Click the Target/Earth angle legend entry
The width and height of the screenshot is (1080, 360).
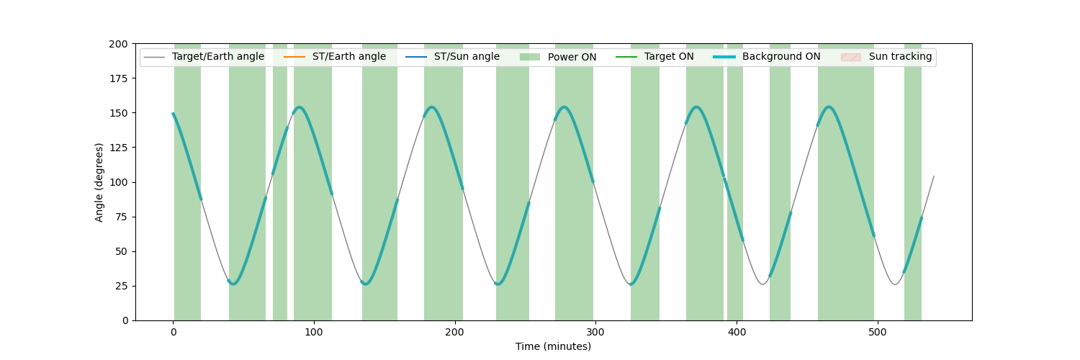coord(204,56)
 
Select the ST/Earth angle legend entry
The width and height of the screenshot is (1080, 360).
coord(335,56)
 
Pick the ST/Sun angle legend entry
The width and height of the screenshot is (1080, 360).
coord(453,56)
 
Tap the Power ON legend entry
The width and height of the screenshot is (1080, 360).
coord(558,57)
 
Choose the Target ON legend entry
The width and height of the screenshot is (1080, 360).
coord(654,56)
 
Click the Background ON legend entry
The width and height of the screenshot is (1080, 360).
coord(767,56)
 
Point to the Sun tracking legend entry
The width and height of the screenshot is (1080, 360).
coord(886,56)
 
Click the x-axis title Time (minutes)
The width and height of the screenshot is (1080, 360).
coord(553,346)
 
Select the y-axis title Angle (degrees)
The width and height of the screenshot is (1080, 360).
coord(99,182)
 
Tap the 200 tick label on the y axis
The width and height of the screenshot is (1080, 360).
coord(119,44)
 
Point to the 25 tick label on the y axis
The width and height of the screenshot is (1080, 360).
coord(122,286)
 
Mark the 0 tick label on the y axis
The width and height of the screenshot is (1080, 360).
coord(125,320)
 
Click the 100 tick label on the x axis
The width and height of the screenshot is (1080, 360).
coord(314,332)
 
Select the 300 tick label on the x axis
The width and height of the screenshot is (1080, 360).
coord(595,332)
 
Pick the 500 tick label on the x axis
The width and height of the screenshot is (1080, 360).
coord(878,332)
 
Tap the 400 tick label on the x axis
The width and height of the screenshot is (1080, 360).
coord(737,332)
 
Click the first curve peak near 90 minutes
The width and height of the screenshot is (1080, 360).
coord(300,107)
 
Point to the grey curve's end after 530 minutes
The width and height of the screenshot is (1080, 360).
coord(934,176)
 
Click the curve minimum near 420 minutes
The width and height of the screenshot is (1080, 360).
coord(762,284)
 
